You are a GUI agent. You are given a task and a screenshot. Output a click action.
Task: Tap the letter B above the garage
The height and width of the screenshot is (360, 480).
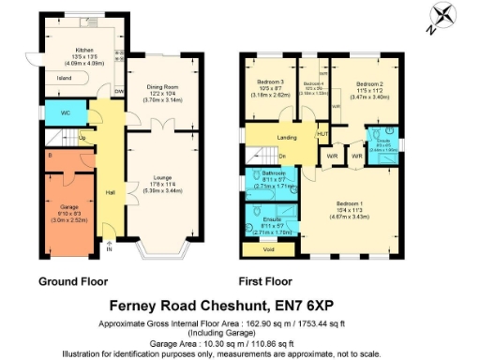(x=49, y=154)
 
